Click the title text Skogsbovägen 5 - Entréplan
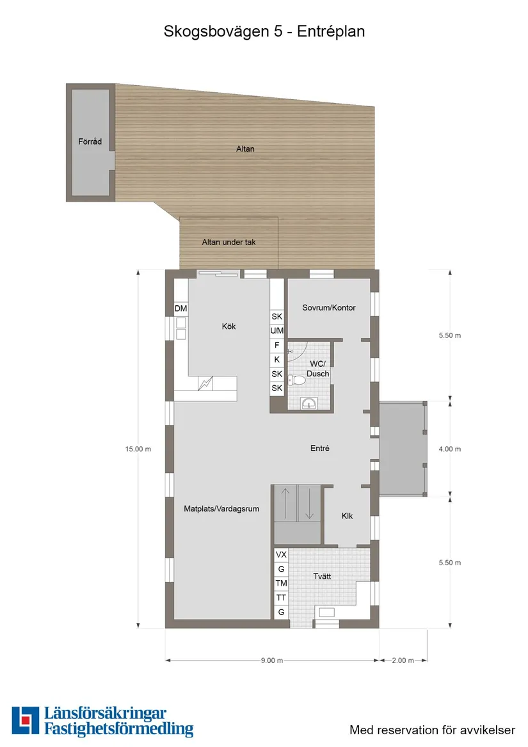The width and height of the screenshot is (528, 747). coord(264,31)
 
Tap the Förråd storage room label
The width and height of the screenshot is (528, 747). coord(90,141)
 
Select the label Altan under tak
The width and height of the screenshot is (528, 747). coord(228,243)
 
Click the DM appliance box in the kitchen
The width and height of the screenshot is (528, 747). coord(181,309)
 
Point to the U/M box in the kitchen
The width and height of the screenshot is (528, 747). coord(277,331)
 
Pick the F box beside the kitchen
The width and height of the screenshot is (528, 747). coord(277,345)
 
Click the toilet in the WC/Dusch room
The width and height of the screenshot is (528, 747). coord(297,380)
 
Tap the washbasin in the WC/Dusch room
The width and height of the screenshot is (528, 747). coord(309,403)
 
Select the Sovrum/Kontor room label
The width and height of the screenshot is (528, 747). coord(329,308)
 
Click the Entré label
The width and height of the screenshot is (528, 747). coord(319,449)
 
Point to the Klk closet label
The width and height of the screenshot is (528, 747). coord(347,516)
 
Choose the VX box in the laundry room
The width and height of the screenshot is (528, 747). coord(280,554)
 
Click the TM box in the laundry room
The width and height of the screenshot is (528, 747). coord(280,583)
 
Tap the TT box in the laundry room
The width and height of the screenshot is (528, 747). coord(280,598)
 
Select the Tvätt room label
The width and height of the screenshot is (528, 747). coord(323,576)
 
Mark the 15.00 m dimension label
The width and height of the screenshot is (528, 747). coord(138,449)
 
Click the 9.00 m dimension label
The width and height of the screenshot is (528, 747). coord(271,661)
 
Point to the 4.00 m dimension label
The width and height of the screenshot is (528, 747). coord(449,449)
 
